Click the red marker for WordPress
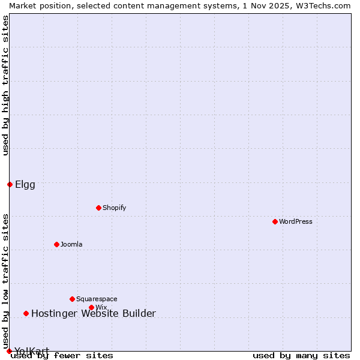coord(275,221)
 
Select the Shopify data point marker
coord(98,208)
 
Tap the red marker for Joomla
coord(56,244)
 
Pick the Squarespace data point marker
coord(72,299)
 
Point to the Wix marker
coord(91,307)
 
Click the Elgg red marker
coord(10,184)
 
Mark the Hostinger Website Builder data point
coord(26,313)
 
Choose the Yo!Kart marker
coord(9,351)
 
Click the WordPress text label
coord(296,221)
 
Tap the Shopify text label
coord(114,208)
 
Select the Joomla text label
coord(71,244)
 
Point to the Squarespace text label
coord(97,299)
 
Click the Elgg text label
coord(25,184)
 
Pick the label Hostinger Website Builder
coord(93,313)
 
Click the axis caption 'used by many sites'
coord(301,355)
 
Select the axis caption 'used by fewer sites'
coord(62,355)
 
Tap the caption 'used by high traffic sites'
coord(5,85)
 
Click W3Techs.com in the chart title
coord(322,5)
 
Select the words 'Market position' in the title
coord(37,5)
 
